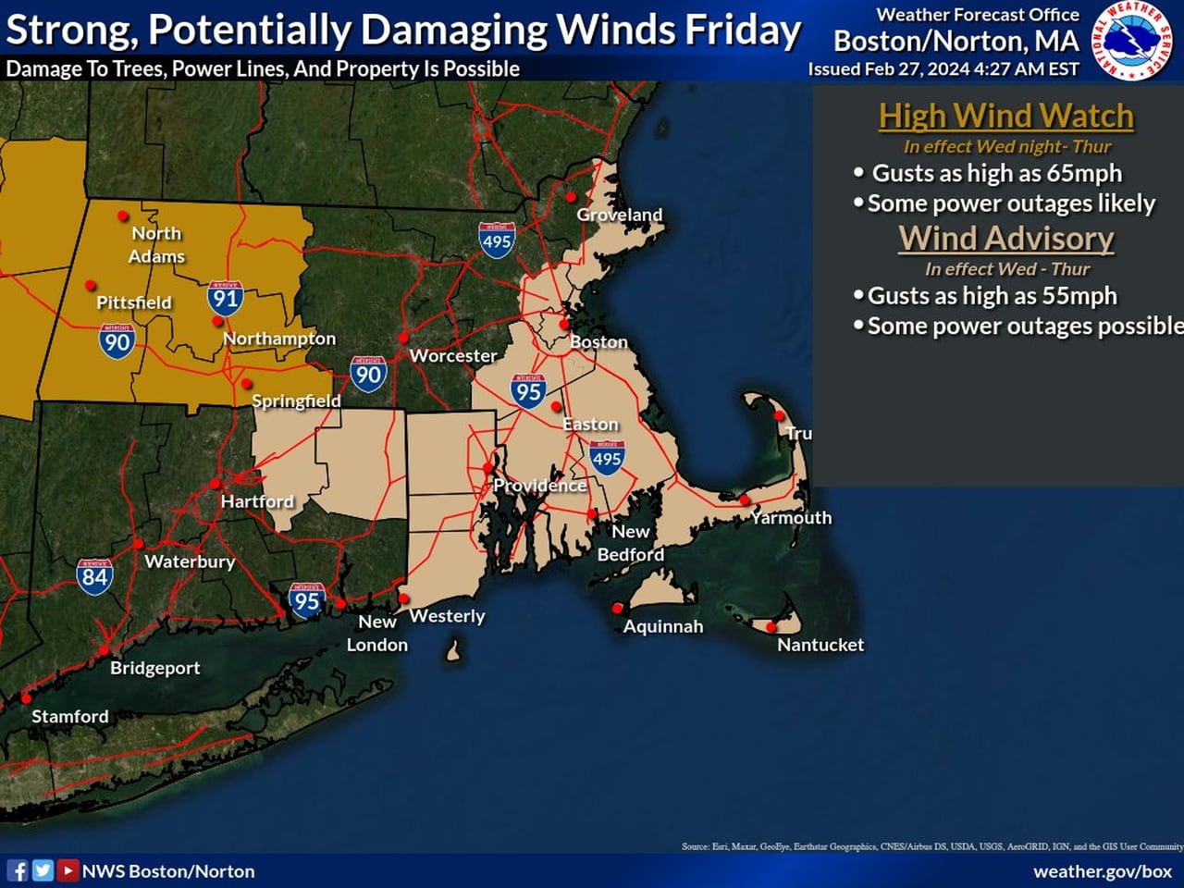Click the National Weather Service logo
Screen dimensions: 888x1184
(1134, 41)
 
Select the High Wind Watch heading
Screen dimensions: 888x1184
(1005, 116)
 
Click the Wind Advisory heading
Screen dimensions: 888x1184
(1005, 238)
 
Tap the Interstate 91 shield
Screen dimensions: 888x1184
(225, 297)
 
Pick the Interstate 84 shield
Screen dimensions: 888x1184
(94, 575)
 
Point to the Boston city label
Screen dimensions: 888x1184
(598, 342)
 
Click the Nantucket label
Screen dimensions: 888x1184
(820, 645)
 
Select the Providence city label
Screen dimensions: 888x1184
(539, 486)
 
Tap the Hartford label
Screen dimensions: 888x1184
(256, 501)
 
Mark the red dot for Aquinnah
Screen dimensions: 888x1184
(617, 608)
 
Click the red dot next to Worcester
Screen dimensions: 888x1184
(403, 338)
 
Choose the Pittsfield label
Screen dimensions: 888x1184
(133, 302)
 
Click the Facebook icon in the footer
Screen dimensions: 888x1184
(18, 870)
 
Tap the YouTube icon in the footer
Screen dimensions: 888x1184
(68, 870)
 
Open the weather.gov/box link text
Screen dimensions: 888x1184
(1102, 871)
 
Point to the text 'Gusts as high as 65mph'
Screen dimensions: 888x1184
(996, 173)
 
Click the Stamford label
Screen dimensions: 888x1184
(69, 716)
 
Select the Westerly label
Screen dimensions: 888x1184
(447, 616)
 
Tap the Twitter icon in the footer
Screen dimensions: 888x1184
(43, 870)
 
